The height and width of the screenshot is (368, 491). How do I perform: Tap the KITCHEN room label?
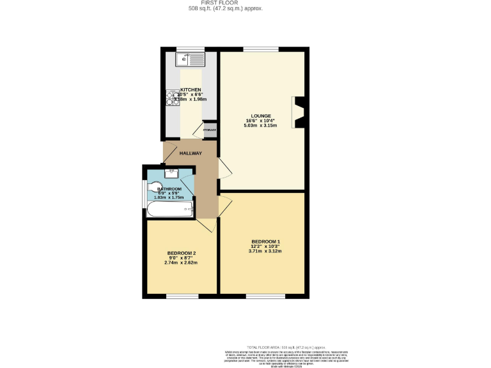(191, 89)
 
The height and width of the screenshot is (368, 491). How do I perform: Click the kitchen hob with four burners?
(172, 98)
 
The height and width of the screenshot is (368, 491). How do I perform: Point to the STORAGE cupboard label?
(209, 131)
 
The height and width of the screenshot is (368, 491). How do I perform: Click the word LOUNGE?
(261, 116)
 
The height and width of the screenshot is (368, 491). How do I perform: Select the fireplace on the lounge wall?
(299, 112)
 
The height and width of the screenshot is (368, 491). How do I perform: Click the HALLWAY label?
(191, 153)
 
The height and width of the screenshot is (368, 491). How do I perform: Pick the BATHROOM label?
(169, 189)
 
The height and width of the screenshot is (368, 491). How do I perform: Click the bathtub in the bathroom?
(169, 210)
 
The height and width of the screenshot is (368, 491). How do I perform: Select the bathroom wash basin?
(171, 172)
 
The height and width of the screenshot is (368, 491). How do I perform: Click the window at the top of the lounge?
(260, 49)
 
